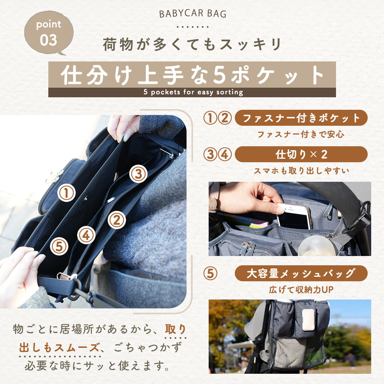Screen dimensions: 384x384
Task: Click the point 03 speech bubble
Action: (49, 33)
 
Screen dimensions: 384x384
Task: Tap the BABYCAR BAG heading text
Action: (192, 14)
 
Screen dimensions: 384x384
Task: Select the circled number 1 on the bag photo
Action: (67, 193)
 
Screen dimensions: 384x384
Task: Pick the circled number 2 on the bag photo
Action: (116, 220)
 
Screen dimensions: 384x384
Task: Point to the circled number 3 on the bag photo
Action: (138, 174)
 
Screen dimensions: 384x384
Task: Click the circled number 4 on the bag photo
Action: (86, 235)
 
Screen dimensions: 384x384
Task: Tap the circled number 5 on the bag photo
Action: (59, 246)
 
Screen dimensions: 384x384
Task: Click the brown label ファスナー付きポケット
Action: (301, 118)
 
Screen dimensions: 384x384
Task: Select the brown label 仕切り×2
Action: (301, 154)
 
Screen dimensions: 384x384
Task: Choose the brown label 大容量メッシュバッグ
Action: (301, 273)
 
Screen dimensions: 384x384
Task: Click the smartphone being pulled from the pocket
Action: (294, 216)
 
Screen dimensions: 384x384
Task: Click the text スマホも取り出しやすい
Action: (301, 171)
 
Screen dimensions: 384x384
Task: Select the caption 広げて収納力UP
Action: (301, 290)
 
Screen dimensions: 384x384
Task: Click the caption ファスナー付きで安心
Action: (301, 134)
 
